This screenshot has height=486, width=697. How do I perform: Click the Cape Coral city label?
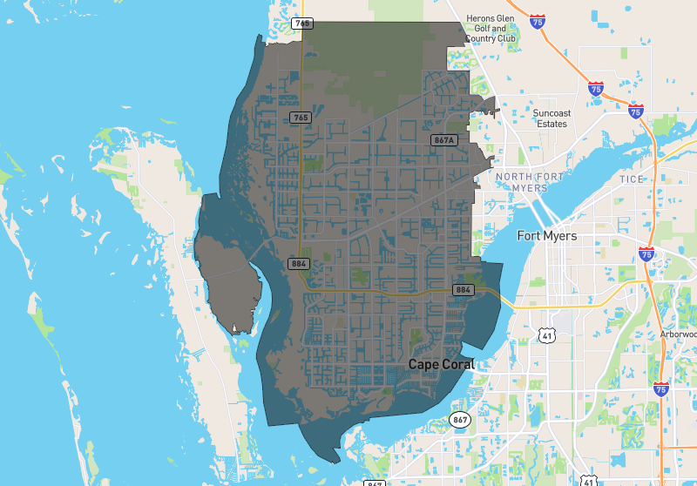441,365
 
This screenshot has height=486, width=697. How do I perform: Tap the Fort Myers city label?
547,236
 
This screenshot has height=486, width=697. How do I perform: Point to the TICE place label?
632,179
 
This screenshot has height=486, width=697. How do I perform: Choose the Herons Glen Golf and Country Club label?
491,29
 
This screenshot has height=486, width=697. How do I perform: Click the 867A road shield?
443,139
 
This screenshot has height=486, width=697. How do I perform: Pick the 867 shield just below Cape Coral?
460,421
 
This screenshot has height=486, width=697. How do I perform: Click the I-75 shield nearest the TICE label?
646,253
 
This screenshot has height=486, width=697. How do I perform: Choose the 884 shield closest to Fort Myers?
463,289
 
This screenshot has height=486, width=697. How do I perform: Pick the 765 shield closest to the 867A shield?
300,117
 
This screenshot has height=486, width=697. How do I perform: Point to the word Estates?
552,125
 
